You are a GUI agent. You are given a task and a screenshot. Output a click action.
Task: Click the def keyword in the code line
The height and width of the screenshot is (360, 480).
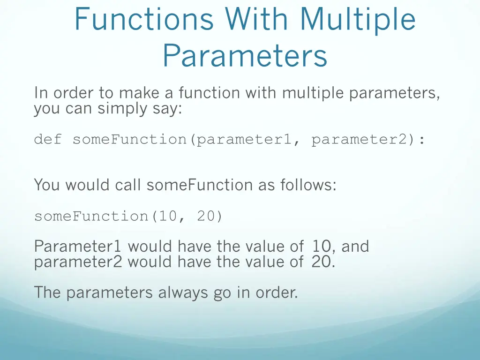pos(48,140)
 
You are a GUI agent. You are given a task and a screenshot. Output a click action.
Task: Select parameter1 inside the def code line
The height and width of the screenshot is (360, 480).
pos(244,140)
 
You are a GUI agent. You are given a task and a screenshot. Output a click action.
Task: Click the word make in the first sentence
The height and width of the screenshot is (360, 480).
pos(137,93)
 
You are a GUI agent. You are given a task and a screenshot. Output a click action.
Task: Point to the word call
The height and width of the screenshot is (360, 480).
pos(128,185)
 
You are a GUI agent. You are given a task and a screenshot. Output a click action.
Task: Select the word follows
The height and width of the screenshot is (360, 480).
pos(308,185)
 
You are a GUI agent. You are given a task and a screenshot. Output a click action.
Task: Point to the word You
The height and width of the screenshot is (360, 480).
pos(47,185)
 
